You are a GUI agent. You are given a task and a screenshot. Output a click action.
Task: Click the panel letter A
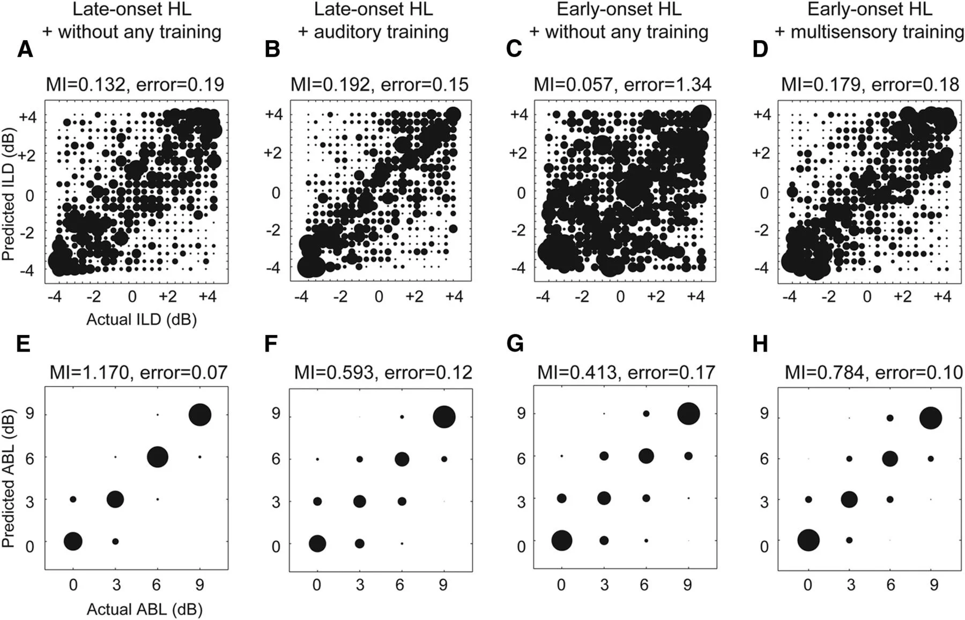[x=25, y=49]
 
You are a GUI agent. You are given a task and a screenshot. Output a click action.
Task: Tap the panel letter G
[x=515, y=343]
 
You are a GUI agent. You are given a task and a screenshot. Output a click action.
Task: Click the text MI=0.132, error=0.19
[x=135, y=84]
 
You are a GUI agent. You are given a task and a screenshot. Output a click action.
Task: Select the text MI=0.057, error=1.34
[x=622, y=84]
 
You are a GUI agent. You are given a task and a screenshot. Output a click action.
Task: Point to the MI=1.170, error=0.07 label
[x=138, y=372]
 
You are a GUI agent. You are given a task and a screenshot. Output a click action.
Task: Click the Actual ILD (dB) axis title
[x=142, y=319]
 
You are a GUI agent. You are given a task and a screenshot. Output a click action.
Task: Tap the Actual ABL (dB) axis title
[x=144, y=609]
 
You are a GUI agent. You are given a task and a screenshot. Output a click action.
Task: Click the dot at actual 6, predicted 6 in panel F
[x=402, y=459]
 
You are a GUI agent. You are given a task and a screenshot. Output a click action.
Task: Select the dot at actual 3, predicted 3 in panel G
[x=604, y=498]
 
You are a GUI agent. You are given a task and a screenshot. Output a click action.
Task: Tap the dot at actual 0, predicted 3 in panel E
[x=73, y=499]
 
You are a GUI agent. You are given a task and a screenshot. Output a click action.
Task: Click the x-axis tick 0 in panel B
[x=379, y=296]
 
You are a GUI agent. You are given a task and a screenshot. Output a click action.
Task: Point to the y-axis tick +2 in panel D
[x=761, y=153]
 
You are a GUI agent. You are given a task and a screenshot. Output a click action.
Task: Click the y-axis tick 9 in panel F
[x=276, y=416]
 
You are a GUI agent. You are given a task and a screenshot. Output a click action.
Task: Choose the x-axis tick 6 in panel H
[x=890, y=584]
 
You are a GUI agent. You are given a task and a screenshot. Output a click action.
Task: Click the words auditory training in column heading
[x=381, y=32]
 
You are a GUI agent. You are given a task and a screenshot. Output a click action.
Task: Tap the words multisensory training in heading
[x=877, y=32]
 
